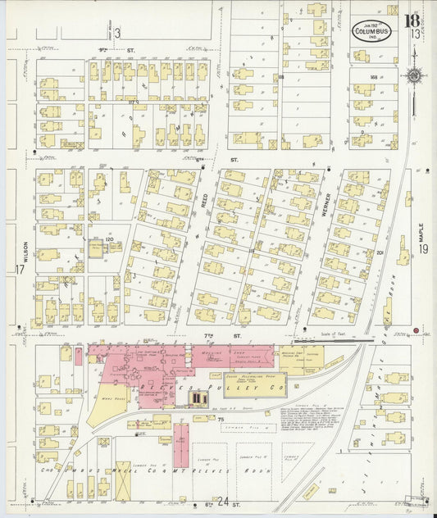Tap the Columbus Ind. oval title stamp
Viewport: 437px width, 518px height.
coord(371,31)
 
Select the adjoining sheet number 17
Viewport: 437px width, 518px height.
coord(18,269)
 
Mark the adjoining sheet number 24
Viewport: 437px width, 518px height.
coord(223,500)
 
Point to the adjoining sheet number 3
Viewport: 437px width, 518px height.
coord(117,33)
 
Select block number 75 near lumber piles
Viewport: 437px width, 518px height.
coord(221,419)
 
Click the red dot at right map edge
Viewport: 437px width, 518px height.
coord(417,331)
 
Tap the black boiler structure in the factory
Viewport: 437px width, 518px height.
coord(198,398)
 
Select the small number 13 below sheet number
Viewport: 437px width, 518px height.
coord(417,33)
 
